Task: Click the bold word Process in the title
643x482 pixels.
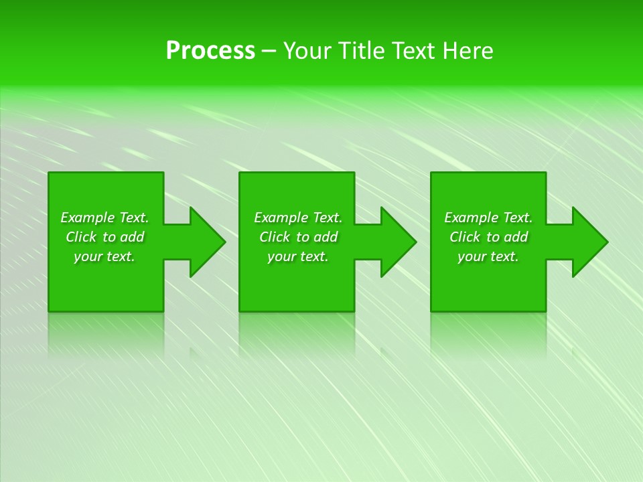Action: (x=210, y=51)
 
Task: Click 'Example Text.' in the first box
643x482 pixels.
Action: (x=104, y=218)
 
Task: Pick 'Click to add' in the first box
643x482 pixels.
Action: (x=104, y=237)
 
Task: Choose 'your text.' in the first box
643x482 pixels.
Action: (x=104, y=256)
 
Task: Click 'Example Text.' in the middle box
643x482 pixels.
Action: (x=298, y=218)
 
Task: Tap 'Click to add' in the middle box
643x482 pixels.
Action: (x=298, y=237)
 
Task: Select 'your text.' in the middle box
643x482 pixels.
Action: (x=298, y=256)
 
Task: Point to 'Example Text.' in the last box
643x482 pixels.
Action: (x=488, y=218)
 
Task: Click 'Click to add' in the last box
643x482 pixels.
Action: (x=488, y=237)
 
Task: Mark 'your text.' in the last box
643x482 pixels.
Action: (x=488, y=256)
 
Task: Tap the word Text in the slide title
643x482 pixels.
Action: (x=412, y=51)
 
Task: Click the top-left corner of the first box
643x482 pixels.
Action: (x=50, y=173)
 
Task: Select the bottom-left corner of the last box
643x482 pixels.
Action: (x=432, y=311)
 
